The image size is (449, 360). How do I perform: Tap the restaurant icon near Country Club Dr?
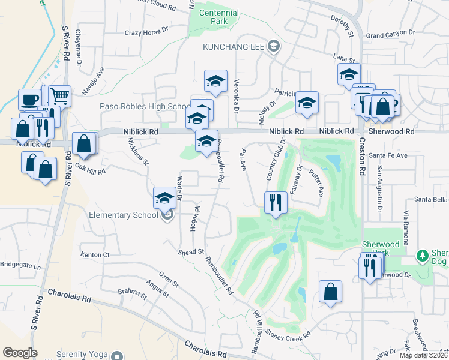(x=276, y=202)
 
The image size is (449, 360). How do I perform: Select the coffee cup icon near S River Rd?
(x=29, y=100)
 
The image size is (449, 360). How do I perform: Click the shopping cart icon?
(x=59, y=95)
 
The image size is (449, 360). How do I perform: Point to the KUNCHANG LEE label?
(x=234, y=46)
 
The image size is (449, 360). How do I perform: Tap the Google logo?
(x=20, y=352)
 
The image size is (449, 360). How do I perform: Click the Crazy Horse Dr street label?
(x=151, y=33)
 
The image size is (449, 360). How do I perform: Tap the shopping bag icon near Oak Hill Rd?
(x=83, y=144)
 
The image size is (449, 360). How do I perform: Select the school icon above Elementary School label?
(x=164, y=198)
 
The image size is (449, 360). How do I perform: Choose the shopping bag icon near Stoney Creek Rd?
(x=330, y=292)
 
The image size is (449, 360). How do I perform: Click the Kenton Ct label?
(x=95, y=255)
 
